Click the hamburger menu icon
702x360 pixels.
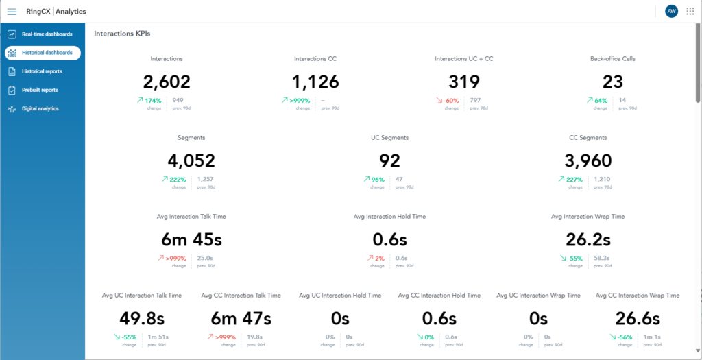tap(12, 11)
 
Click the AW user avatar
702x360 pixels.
tap(671, 11)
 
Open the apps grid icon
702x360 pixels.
tap(690, 11)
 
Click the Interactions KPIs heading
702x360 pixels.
tap(122, 33)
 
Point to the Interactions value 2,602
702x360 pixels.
tap(167, 82)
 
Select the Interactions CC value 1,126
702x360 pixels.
tap(315, 82)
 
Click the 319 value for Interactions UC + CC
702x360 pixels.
tap(464, 82)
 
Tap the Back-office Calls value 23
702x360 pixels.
tap(613, 82)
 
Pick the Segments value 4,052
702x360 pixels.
tap(191, 161)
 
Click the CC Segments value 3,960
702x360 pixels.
tap(588, 161)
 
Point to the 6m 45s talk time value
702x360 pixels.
tap(191, 240)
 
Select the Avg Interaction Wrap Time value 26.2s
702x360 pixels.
tap(588, 240)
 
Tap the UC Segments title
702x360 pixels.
tap(389, 138)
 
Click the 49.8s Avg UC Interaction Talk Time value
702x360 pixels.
tap(142, 319)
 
